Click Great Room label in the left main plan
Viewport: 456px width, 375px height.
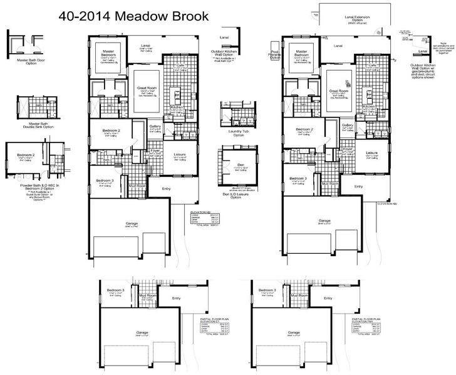pyautogui.click(x=147, y=89)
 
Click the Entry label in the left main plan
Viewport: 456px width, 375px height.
pyautogui.click(x=167, y=188)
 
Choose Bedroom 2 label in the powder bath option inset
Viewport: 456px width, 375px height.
pyautogui.click(x=26, y=154)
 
